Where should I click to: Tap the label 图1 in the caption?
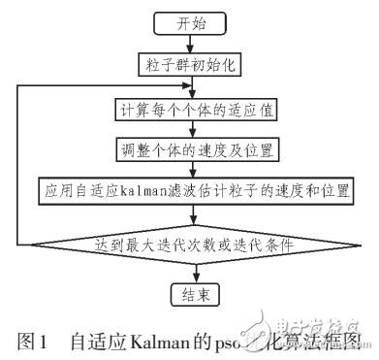(30, 341)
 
